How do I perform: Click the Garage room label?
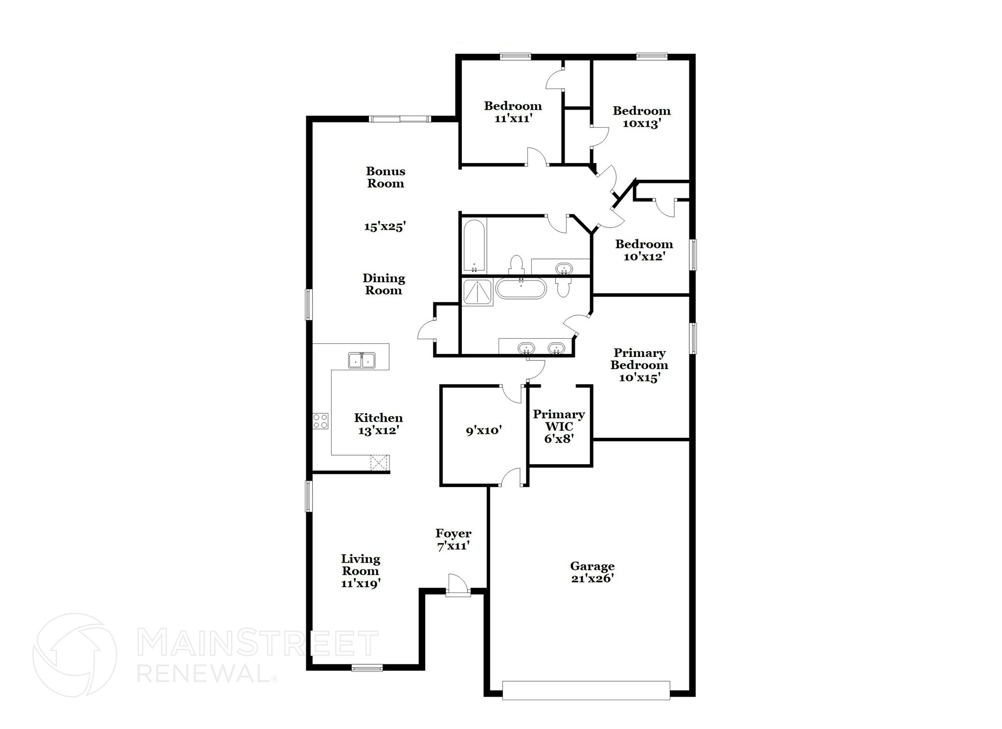tap(592, 566)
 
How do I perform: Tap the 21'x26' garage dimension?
tap(592, 579)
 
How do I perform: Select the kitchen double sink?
tap(362, 360)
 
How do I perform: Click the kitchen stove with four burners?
tap(320, 422)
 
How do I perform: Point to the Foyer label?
tap(454, 533)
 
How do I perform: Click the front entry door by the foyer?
tap(458, 586)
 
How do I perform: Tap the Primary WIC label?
tap(559, 421)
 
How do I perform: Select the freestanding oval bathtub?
tap(521, 288)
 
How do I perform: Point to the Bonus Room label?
tap(386, 177)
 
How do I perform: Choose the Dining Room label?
tap(384, 284)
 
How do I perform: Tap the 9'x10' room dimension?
tap(484, 431)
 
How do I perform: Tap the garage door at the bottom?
tap(586, 690)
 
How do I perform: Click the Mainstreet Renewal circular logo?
tap(75, 655)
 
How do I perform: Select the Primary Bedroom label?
tap(639, 359)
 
